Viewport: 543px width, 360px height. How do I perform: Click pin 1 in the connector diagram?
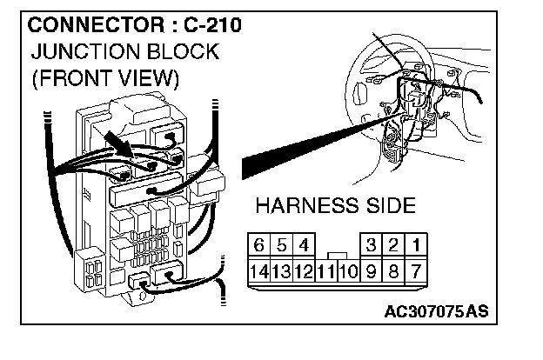[x=417, y=245]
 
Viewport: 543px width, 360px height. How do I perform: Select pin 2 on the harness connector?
[x=395, y=245]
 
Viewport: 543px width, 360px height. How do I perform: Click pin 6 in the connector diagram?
[x=258, y=245]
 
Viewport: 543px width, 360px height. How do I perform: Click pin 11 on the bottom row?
[x=325, y=270]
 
